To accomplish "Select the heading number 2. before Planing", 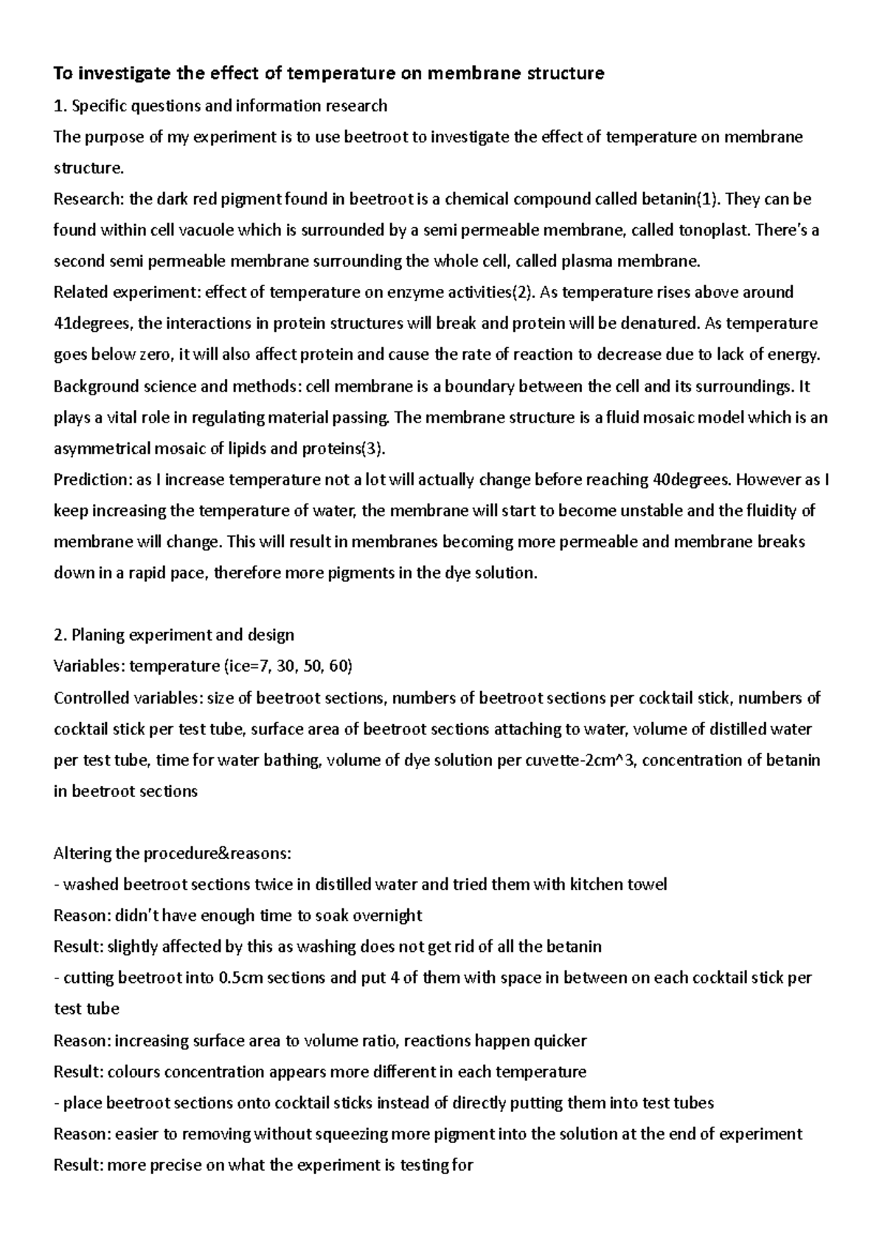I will coord(60,635).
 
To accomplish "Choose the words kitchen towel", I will coord(619,885).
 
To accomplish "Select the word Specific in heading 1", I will coord(99,105).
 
